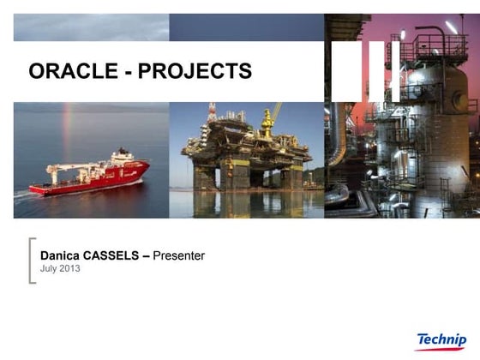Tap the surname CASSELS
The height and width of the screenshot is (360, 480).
[x=117, y=255]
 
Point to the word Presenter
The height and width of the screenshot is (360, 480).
[x=178, y=255]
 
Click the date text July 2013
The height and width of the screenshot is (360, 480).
[x=60, y=269]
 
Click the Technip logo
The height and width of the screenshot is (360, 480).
[x=441, y=340]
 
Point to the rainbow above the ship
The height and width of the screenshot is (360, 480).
[x=67, y=129]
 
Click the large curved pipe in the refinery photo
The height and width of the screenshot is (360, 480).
[x=339, y=146]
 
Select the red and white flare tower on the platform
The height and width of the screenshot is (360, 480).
[x=211, y=116]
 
